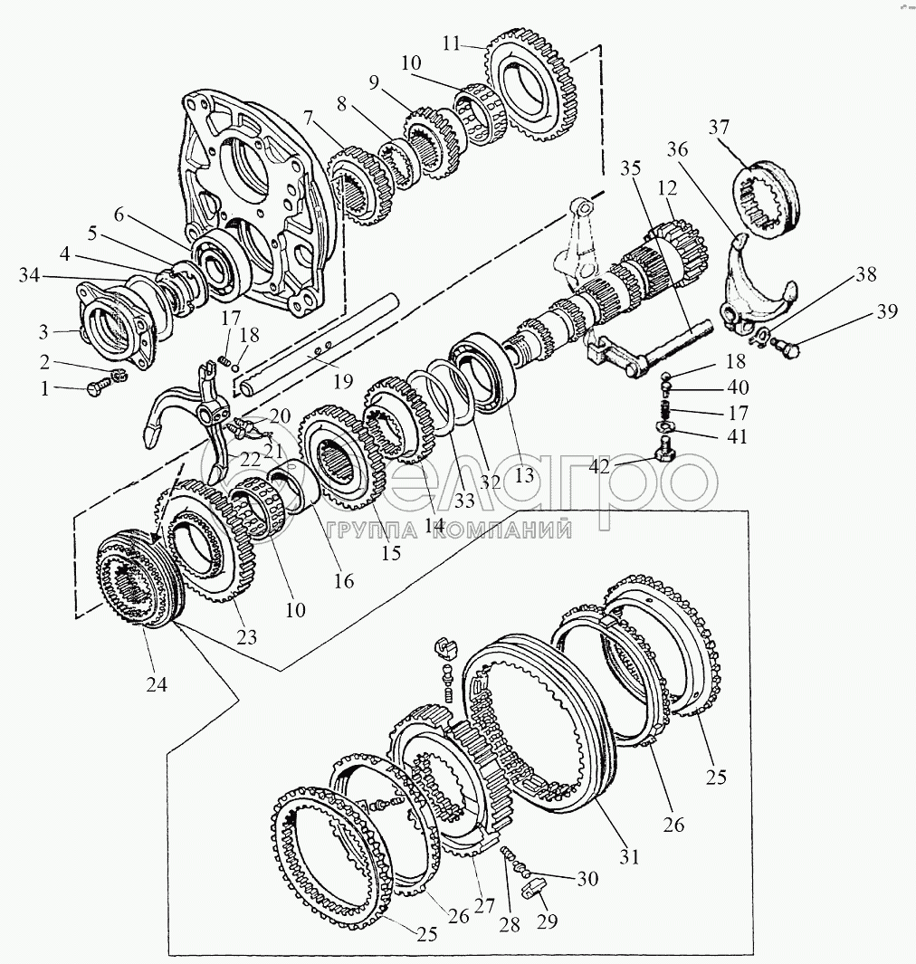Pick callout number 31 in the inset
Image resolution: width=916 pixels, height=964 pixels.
pos(630,853)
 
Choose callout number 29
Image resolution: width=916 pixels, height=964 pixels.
pos(546,921)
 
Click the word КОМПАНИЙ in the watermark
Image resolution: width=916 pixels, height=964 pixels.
pos(501,530)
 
